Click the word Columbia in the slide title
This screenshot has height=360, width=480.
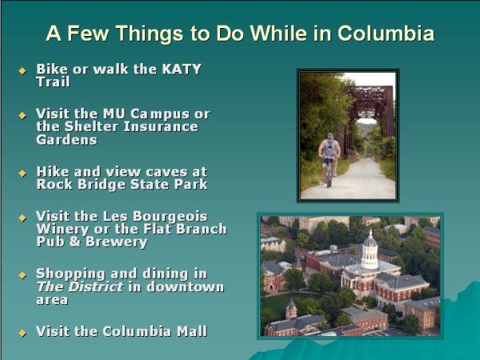pyautogui.click(x=386, y=33)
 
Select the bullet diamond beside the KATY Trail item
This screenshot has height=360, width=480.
pyautogui.click(x=22, y=70)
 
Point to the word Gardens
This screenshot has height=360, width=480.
pyautogui.click(x=66, y=139)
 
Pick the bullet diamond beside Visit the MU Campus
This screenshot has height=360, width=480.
pyautogui.click(x=22, y=115)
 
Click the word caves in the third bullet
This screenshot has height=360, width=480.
pyautogui.click(x=166, y=172)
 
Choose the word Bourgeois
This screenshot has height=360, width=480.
pyautogui.click(x=170, y=217)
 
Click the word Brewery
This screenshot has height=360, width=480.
pyautogui.click(x=117, y=242)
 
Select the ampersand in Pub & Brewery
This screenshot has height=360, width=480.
pyautogui.click(x=74, y=242)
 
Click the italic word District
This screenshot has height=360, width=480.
pyautogui.click(x=96, y=287)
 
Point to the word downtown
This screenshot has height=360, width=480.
pyautogui.click(x=186, y=287)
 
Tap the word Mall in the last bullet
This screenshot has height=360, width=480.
pyautogui.click(x=192, y=331)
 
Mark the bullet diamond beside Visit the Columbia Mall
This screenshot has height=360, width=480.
pyautogui.click(x=22, y=333)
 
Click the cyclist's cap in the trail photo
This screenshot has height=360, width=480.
pyautogui.click(x=330, y=135)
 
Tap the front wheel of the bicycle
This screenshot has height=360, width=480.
pyautogui.click(x=329, y=177)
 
